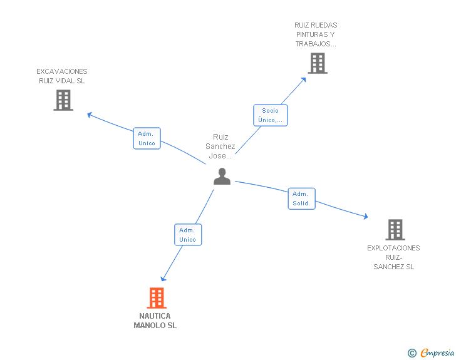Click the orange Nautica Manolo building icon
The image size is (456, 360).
(x=157, y=298)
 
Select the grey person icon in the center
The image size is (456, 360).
(x=222, y=176)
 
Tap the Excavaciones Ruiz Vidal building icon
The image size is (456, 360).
(x=63, y=100)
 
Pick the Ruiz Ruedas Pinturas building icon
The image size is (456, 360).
(x=318, y=63)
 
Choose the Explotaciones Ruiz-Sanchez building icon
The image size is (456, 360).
(x=395, y=230)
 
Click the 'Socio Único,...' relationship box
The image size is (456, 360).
(x=271, y=115)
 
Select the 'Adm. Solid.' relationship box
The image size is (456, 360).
(x=301, y=198)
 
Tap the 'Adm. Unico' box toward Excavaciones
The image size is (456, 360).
(x=147, y=138)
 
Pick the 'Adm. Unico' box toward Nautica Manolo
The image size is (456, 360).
(x=188, y=235)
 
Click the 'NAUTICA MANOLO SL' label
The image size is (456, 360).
(x=155, y=321)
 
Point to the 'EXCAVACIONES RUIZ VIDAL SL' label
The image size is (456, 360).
(x=62, y=76)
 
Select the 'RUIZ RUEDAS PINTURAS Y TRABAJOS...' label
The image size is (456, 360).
(x=316, y=34)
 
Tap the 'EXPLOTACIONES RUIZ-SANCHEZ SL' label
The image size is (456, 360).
(x=393, y=257)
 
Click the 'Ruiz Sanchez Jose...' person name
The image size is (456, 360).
(x=220, y=147)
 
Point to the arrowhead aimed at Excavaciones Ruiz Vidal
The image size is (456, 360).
(x=90, y=115)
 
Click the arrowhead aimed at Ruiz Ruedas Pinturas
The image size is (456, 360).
(x=303, y=80)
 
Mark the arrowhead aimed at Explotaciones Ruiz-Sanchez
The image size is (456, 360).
(x=366, y=216)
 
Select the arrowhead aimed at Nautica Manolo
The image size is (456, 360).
(x=163, y=279)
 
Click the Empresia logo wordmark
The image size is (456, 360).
(x=437, y=352)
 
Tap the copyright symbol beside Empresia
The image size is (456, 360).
(x=412, y=353)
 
